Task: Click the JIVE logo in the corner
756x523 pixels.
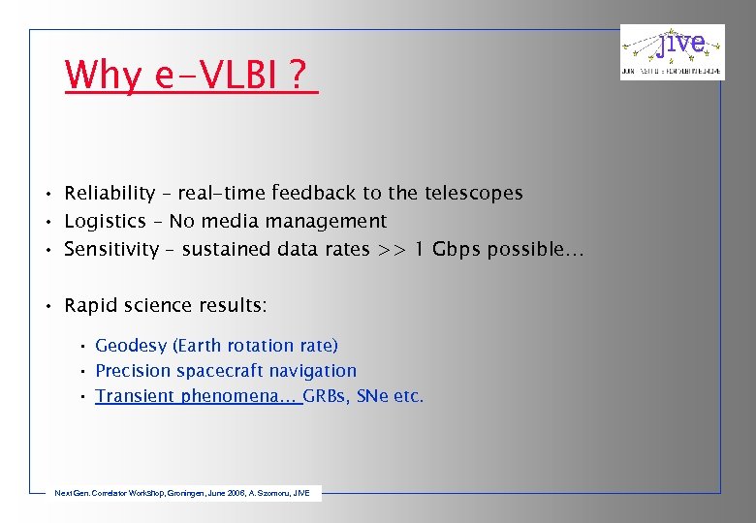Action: point(672,51)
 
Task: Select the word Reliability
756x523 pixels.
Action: point(110,194)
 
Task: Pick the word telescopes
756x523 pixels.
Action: point(475,194)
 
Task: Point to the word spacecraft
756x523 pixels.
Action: point(221,371)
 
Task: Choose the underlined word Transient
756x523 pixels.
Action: point(135,396)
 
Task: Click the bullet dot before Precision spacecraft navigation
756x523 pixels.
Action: point(84,371)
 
